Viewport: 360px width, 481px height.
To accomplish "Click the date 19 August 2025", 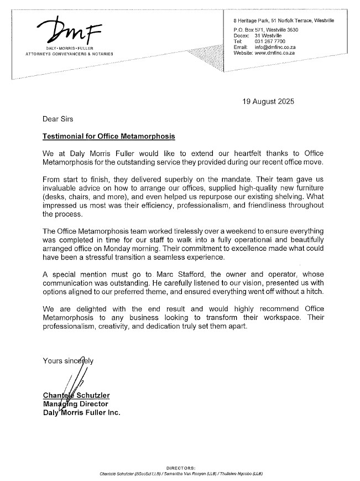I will (269, 101).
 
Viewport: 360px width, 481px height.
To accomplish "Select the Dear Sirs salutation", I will (58, 118).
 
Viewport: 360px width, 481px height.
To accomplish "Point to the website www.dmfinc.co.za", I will (275, 54).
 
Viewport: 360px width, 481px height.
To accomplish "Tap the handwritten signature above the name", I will (76, 382).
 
